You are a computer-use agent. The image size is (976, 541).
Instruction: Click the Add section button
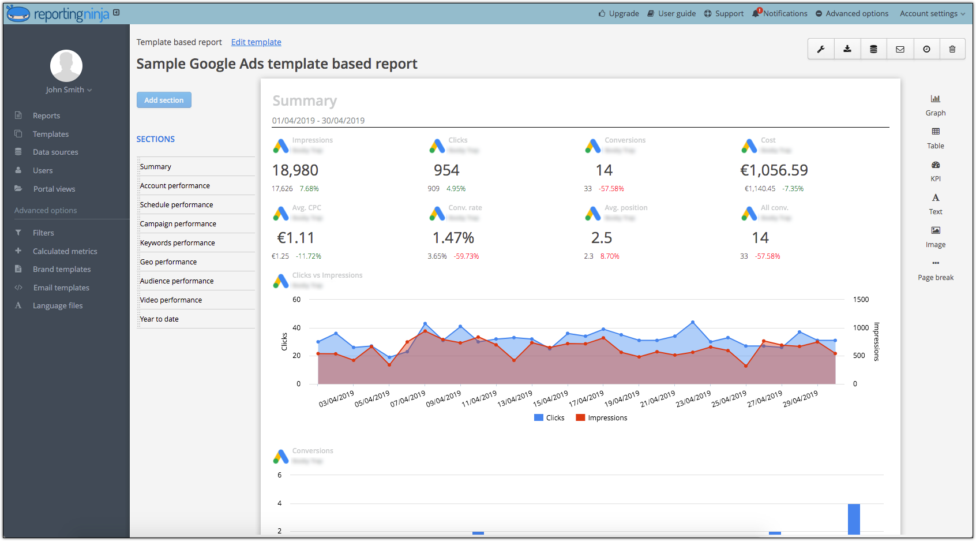[164, 100]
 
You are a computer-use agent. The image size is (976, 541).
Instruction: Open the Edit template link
[256, 42]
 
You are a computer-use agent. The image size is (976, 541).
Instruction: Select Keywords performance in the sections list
[177, 243]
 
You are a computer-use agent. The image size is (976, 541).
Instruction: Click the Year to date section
[159, 319]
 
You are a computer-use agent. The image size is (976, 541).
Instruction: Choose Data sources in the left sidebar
[55, 152]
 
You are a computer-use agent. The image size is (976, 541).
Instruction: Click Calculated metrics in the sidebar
[65, 251]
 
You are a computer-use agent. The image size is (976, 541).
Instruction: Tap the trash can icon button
[952, 49]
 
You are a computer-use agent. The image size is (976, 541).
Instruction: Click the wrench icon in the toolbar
[821, 49]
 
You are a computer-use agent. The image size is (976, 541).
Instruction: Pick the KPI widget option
[936, 171]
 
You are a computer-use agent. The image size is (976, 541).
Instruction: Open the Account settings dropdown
[932, 13]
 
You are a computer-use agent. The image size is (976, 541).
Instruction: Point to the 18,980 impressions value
[295, 170]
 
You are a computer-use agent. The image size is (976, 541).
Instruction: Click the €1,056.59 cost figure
[774, 170]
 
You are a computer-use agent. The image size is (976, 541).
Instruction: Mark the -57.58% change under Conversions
[611, 189]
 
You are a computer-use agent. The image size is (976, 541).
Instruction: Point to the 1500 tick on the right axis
[860, 300]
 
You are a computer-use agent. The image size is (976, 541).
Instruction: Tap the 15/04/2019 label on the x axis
[550, 399]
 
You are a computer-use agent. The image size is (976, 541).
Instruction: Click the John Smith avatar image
[66, 66]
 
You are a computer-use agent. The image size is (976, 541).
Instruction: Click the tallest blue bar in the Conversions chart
[854, 518]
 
